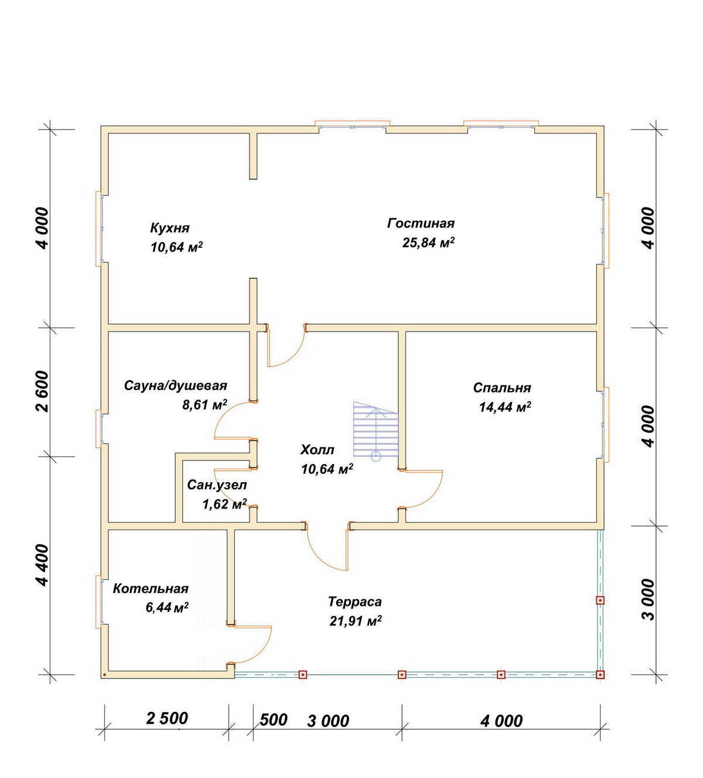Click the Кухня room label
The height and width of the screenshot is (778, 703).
pyautogui.click(x=169, y=228)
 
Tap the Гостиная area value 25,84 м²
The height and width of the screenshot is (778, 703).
pyautogui.click(x=428, y=243)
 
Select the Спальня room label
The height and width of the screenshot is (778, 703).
pyautogui.click(x=502, y=387)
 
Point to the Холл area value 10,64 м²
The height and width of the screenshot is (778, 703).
pyautogui.click(x=327, y=469)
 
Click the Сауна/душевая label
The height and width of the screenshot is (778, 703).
pyautogui.click(x=175, y=385)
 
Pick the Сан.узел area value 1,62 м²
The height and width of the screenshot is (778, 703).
pyautogui.click(x=224, y=504)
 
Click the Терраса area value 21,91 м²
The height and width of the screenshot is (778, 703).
pyautogui.click(x=356, y=621)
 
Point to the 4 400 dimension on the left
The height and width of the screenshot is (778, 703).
pyautogui.click(x=42, y=565)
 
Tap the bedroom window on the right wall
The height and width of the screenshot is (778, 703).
pyautogui.click(x=605, y=424)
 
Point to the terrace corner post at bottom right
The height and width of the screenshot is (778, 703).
pyautogui.click(x=600, y=675)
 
